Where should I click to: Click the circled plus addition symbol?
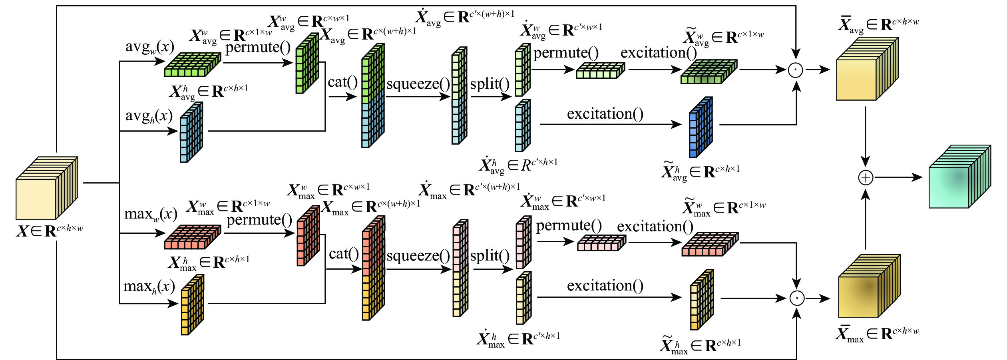click(866, 178)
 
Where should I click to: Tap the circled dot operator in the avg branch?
click(796, 70)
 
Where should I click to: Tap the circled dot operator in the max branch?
click(797, 298)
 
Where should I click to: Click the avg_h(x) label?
click(149, 116)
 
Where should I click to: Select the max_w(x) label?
click(151, 215)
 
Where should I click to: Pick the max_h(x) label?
click(149, 287)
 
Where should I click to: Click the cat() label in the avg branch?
click(342, 82)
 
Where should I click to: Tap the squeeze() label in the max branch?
click(418, 256)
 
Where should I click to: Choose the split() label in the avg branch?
click(490, 84)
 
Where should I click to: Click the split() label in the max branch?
click(490, 256)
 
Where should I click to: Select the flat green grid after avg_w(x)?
click(193, 65)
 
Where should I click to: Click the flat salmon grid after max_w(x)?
click(193, 237)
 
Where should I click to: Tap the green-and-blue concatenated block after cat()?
click(373, 96)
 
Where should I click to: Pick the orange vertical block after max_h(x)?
click(192, 304)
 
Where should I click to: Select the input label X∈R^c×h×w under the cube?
click(50, 231)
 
